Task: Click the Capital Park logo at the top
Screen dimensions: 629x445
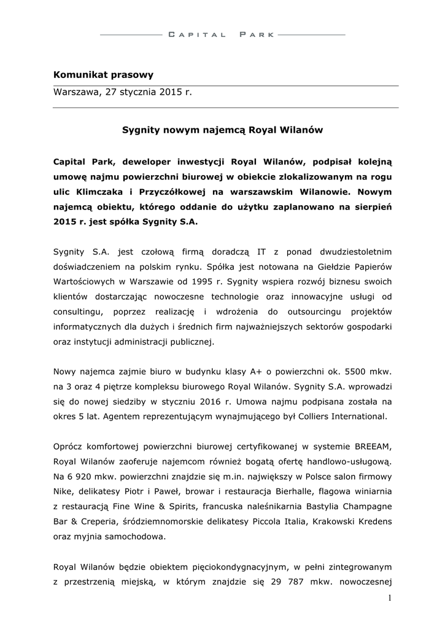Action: (x=222, y=35)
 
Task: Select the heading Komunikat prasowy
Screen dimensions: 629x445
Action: (x=103, y=75)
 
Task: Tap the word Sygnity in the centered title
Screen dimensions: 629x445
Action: (x=141, y=130)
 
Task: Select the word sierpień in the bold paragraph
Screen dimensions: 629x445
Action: (x=370, y=208)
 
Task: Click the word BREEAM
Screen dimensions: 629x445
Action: (x=371, y=446)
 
